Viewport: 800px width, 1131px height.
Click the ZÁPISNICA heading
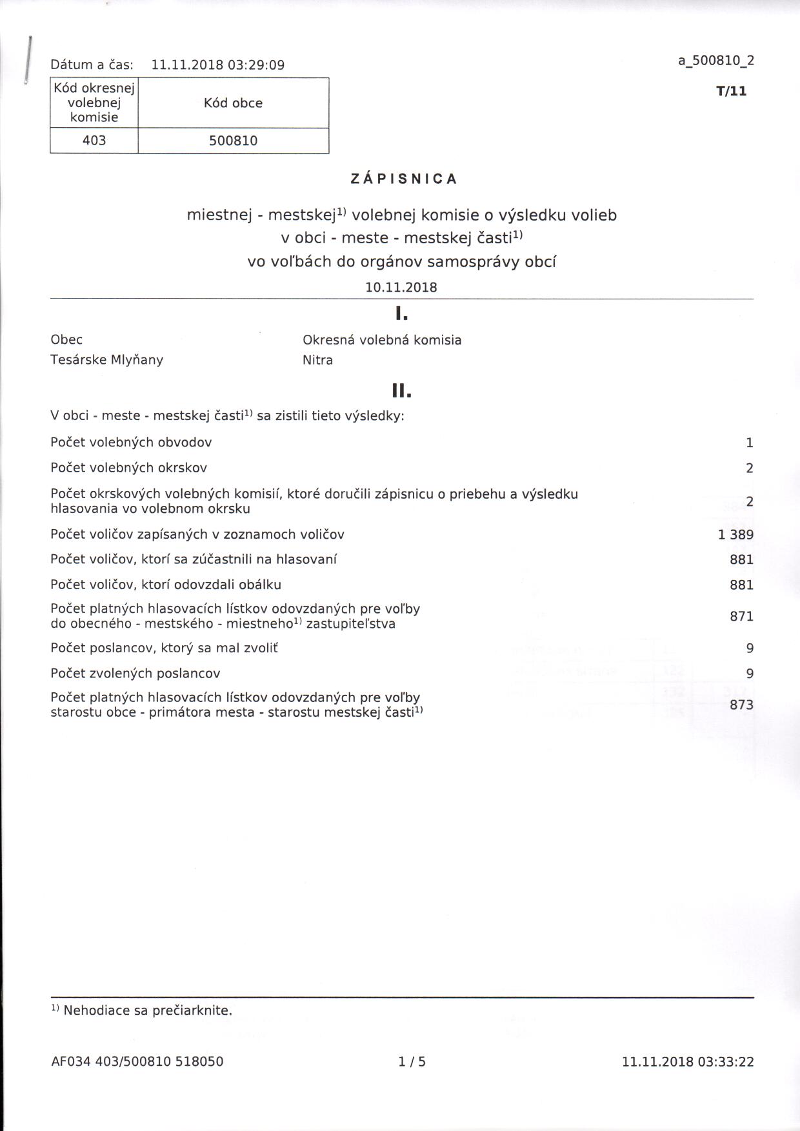pyautogui.click(x=404, y=179)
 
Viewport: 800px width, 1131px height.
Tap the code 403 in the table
pyautogui.click(x=94, y=140)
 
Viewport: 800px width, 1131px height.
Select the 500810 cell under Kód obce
pyautogui.click(x=233, y=141)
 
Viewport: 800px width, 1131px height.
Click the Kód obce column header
pyautogui.click(x=233, y=103)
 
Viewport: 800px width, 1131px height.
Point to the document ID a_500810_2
pyautogui.click(x=715, y=61)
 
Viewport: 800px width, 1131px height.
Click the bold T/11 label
pyautogui.click(x=731, y=91)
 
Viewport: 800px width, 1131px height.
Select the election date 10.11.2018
pyautogui.click(x=401, y=288)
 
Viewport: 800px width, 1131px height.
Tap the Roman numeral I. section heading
pyautogui.click(x=401, y=314)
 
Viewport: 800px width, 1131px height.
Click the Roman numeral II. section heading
pyautogui.click(x=401, y=391)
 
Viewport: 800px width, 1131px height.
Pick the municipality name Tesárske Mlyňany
pyautogui.click(x=107, y=360)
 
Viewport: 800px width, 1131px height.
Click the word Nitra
pyautogui.click(x=317, y=360)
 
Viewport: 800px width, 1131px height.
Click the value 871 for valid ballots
pyautogui.click(x=741, y=616)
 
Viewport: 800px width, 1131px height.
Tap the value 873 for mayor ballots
pyautogui.click(x=741, y=705)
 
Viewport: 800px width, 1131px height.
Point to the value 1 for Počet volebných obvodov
pyautogui.click(x=749, y=443)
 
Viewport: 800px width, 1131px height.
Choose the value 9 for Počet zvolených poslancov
pyautogui.click(x=750, y=674)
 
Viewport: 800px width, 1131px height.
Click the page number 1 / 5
pyautogui.click(x=412, y=1061)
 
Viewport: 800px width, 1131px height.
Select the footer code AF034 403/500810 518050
pyautogui.click(x=137, y=1061)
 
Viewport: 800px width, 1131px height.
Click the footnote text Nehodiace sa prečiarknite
pyautogui.click(x=147, y=1010)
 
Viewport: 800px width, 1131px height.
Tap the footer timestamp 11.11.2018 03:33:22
pyautogui.click(x=688, y=1061)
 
